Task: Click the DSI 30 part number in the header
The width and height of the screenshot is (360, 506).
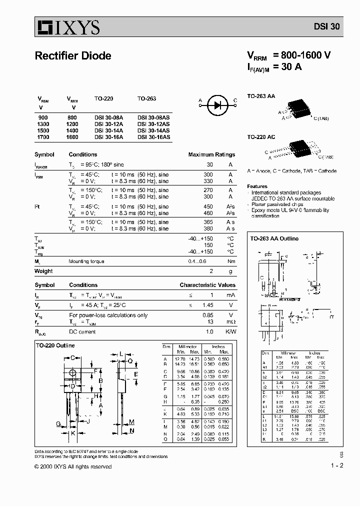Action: coord(327,28)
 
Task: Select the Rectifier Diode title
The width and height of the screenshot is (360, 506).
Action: coord(73,56)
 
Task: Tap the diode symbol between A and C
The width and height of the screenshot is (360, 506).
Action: coord(217,104)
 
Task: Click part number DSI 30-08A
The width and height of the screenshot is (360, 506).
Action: coord(108,116)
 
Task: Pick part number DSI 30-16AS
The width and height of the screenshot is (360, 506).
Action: coord(153,136)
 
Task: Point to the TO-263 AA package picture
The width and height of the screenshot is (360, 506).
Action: coord(297,110)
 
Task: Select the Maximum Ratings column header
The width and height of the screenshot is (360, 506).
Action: coord(211,154)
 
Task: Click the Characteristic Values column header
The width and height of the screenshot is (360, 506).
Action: coord(207,285)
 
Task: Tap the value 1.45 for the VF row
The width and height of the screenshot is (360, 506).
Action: coord(207,305)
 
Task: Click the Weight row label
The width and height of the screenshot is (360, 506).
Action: coord(43,271)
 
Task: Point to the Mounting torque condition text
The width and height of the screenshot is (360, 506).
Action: coord(86,261)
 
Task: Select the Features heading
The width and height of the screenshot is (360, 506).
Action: coord(257,186)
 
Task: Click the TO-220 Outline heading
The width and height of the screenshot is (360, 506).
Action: coord(55,345)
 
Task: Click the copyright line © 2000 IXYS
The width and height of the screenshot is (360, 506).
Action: coord(73,466)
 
